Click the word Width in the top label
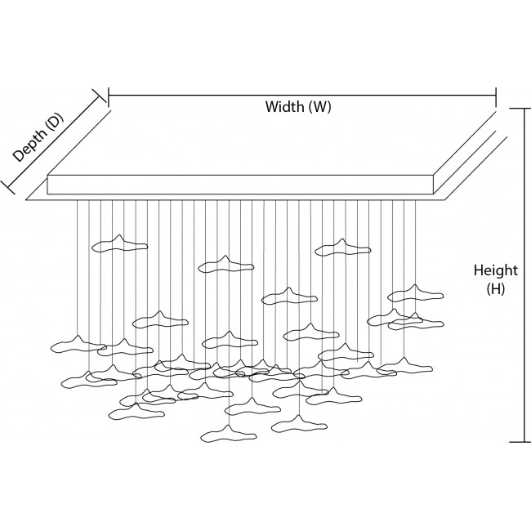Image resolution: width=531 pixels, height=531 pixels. [x=283, y=107]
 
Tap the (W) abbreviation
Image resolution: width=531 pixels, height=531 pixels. [x=319, y=107]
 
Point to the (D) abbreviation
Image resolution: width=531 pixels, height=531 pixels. [x=54, y=123]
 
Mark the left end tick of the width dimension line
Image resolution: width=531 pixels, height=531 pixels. [x=108, y=97]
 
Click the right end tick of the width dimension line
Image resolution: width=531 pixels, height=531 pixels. [x=496, y=97]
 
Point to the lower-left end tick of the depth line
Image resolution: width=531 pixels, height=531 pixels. [x=9, y=186]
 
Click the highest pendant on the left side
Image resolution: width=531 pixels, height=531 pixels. [x=119, y=243]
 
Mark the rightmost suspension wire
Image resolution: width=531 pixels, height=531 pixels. [x=416, y=245]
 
